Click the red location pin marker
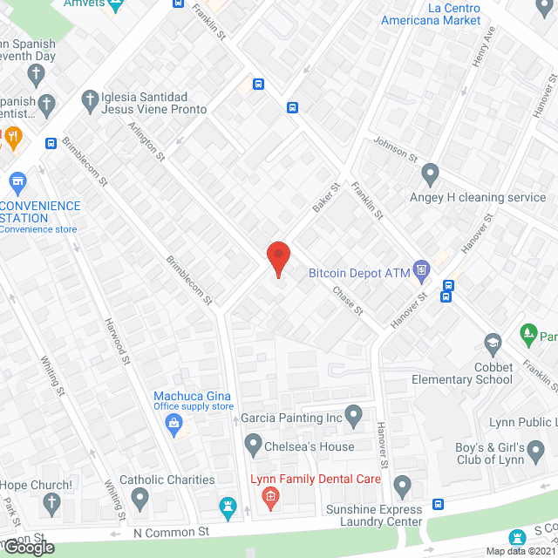coord(277,259)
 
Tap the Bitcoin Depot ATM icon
coord(422,269)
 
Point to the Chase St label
coord(346,301)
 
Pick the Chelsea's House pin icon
coord(253,446)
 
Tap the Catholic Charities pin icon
coord(139,498)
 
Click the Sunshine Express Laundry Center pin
coord(401,484)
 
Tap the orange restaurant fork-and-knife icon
coord(12,136)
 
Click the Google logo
coord(27,547)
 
